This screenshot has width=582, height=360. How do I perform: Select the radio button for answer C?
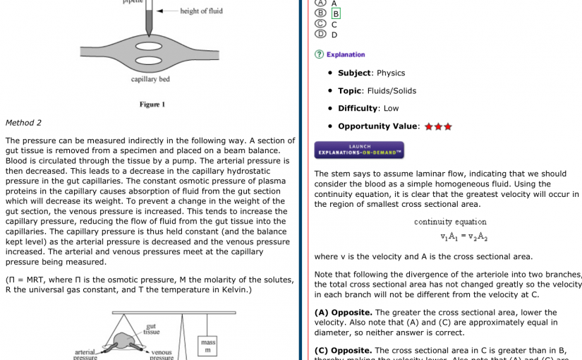click(321, 23)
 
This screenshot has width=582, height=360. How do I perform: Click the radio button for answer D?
click(321, 34)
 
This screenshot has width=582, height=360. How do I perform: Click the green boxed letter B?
click(336, 13)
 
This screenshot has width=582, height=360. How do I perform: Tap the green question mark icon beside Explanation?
click(319, 54)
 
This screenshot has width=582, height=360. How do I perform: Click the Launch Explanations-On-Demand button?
click(359, 150)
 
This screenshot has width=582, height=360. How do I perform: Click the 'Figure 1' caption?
click(152, 104)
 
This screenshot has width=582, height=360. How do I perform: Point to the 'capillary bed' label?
click(150, 79)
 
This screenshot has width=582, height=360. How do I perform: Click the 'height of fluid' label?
click(201, 11)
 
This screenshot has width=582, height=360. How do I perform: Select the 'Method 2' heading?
click(23, 123)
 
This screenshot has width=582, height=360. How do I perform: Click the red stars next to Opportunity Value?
click(438, 127)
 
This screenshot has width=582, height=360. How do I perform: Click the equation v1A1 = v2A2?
click(463, 237)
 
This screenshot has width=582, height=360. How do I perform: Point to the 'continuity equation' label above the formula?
click(450, 222)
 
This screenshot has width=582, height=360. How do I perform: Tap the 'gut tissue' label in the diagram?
click(151, 329)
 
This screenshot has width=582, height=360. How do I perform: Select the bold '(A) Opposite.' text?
click(343, 313)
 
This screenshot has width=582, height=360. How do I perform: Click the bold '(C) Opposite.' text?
click(343, 350)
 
